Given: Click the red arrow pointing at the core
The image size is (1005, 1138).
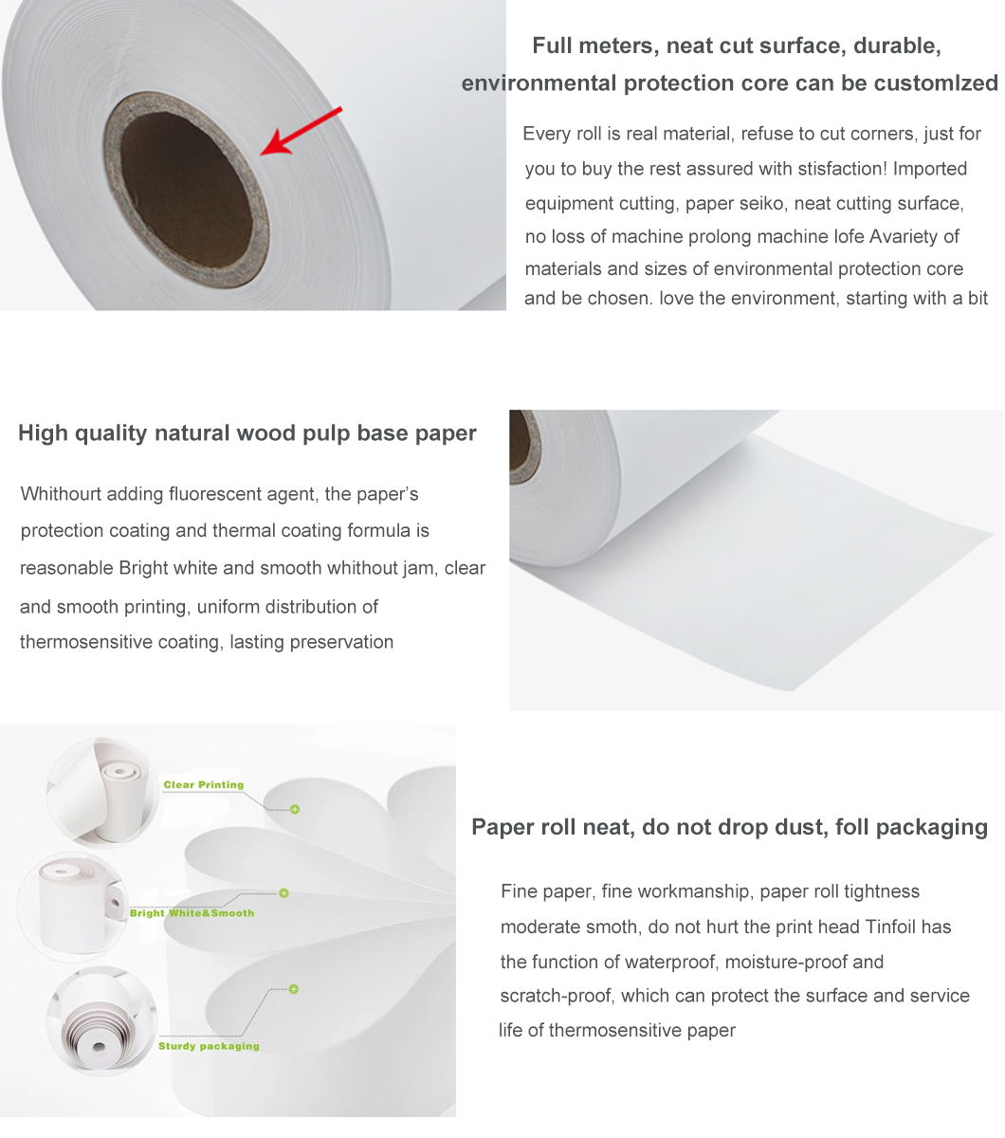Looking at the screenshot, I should [301, 131].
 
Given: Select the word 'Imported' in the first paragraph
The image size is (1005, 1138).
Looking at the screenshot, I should [930, 169].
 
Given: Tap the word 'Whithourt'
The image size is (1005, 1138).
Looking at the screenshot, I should [61, 494].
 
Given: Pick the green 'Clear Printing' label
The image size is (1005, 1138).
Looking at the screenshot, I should [204, 785].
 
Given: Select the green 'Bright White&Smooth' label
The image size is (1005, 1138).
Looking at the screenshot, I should [192, 913].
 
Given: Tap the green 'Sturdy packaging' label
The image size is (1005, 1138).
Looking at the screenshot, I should [209, 1047].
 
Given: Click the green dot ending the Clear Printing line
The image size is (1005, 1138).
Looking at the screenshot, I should [295, 809].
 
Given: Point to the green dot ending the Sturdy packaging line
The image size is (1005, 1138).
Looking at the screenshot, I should [294, 989].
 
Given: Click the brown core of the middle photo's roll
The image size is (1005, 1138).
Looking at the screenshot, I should [522, 446].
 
